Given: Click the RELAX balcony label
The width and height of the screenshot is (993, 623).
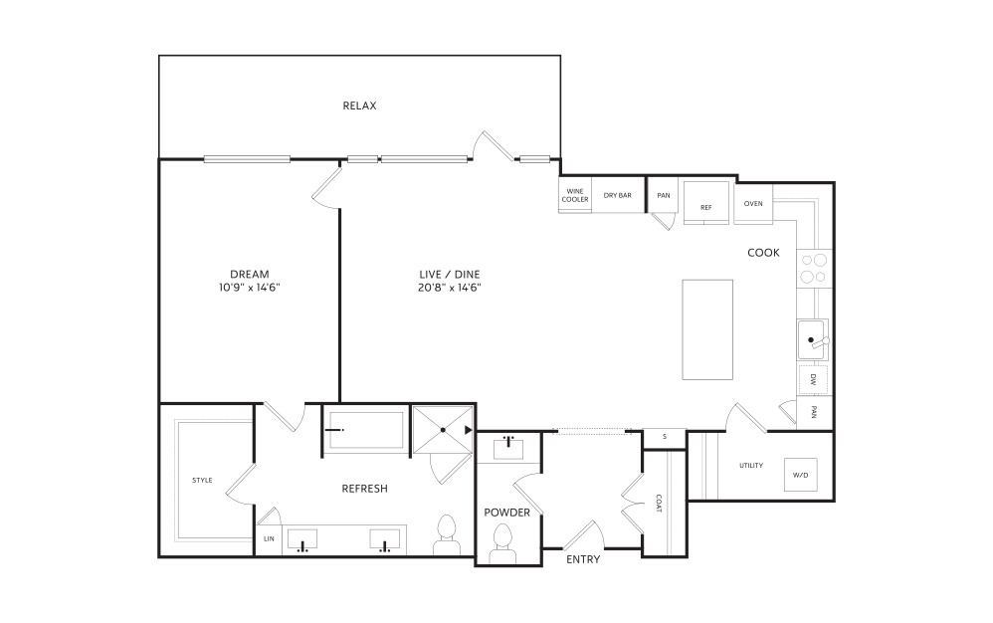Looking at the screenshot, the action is pos(359,105).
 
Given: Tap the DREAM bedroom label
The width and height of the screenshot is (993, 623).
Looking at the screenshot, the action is pos(250,274).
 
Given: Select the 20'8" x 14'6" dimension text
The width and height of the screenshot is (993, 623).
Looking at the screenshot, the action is pos(450,288).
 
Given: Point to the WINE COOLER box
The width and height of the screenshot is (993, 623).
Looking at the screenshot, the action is pos(575,196).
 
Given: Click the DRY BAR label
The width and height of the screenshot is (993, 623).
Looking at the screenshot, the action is pos(618,196).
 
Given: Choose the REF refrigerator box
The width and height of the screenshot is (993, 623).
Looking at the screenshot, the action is pos(706,203).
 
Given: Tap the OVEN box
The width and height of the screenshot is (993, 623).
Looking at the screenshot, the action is pos(753,203).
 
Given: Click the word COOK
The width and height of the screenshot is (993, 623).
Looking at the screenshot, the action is pos(764,253).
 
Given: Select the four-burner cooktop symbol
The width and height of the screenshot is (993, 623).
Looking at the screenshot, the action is pos(815,269).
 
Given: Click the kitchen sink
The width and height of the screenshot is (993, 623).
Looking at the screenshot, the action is pos(813,340).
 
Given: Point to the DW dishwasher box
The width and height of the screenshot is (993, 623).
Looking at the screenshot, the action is pos(814,380).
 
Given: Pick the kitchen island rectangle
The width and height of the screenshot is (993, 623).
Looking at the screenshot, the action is pos(707,329).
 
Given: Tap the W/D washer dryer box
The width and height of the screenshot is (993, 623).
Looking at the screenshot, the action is pos(801,474).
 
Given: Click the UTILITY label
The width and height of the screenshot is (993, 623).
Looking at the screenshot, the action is pos(751,466).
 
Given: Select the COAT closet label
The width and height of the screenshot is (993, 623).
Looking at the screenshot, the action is pos(659,504).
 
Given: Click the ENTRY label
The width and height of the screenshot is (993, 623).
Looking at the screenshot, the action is pos(583,559).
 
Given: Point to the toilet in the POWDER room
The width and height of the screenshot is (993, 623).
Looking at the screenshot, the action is pos(502,543).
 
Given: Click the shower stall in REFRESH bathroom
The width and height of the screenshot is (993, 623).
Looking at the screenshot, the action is pos(443,430).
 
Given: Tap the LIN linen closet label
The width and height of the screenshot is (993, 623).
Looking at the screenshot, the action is pos(270,538).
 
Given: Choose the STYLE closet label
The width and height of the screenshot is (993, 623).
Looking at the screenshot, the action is pos(202,480).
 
